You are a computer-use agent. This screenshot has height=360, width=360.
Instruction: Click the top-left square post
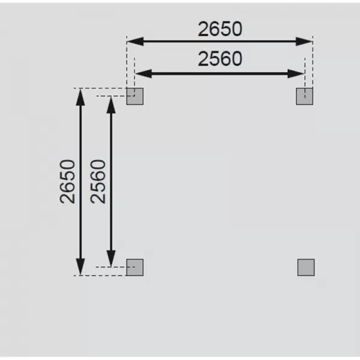pyautogui.click(x=135, y=96)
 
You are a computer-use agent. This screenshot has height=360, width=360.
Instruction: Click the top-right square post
pyautogui.click(x=305, y=96)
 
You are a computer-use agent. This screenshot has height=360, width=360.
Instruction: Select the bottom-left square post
pyautogui.click(x=135, y=267)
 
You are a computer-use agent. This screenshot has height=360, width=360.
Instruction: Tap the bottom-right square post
pyautogui.click(x=306, y=267)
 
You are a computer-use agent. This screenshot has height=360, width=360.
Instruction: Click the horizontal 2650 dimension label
pyautogui.click(x=220, y=28)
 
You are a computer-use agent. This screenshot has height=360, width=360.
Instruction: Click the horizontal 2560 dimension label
pyautogui.click(x=220, y=59)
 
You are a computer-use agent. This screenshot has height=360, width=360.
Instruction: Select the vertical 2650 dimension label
pyautogui.click(x=68, y=181)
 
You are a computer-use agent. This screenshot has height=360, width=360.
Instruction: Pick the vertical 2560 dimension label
pyautogui.click(x=98, y=181)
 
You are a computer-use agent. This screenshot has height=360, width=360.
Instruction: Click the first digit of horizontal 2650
pyautogui.click(x=203, y=28)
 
